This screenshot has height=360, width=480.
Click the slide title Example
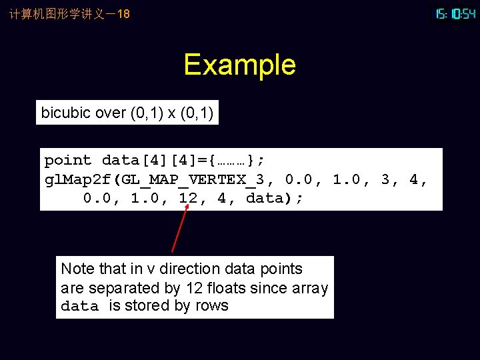[239, 65]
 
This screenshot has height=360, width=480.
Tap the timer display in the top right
[455, 13]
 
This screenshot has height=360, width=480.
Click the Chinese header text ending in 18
[69, 13]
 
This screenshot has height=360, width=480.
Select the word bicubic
[65, 113]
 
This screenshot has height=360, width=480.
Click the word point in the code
[67, 161]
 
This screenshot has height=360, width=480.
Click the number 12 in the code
[188, 199]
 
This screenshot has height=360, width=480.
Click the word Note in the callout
[77, 269]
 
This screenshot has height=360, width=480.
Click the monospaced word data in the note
[79, 307]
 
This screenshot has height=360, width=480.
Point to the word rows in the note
[212, 306]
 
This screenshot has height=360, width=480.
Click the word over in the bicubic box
[110, 113]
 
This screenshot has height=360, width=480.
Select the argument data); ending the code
[275, 199]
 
